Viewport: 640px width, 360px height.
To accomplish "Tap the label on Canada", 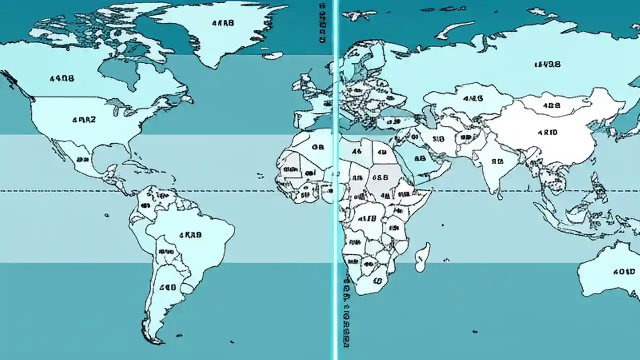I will point(62,78).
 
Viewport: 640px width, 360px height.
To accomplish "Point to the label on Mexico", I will point(83,160).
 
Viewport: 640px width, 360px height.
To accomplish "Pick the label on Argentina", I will point(167,288).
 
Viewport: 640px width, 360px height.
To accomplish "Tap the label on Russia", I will point(547,64).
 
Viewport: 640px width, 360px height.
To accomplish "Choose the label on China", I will point(547,133).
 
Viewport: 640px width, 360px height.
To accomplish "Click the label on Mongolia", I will point(551,106).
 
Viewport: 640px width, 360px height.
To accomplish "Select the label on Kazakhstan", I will point(473,99).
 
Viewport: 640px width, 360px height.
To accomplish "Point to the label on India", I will point(497,161).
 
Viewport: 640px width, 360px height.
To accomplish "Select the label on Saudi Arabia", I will point(420,158).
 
